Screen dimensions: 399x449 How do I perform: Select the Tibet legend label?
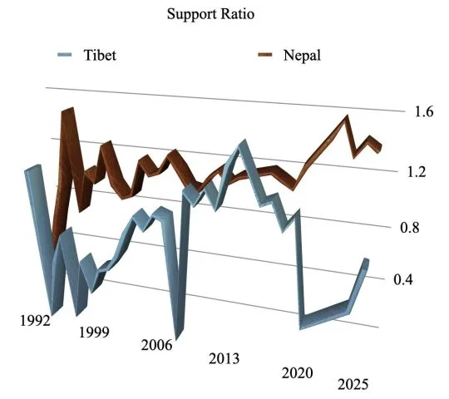[99, 57]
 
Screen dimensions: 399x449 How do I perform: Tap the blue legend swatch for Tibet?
[62, 57]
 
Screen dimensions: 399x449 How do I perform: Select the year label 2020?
[299, 372]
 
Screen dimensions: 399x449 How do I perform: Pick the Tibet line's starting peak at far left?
[33, 170]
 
